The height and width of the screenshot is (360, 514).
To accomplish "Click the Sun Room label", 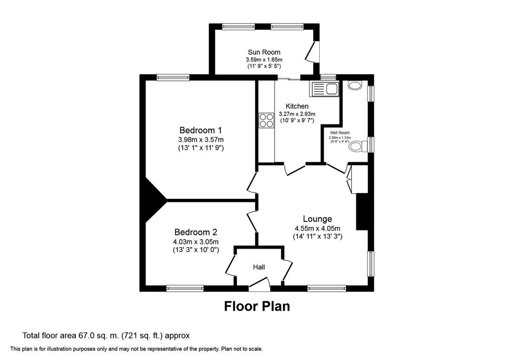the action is tap(264, 52).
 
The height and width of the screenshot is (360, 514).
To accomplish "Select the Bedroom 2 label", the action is tap(196, 232).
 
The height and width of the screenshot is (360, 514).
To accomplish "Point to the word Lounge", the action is tap(317, 219).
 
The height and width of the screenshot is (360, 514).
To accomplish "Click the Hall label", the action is tap(259, 267).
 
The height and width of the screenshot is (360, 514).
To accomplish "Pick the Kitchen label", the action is tap(297, 106).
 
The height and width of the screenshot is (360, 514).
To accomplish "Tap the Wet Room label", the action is tap(340, 133).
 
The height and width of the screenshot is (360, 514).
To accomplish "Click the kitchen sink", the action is tap(325, 89).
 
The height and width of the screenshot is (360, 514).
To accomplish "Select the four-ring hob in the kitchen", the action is tap(267, 120).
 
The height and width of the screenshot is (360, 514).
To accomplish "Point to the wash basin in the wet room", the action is tap(355, 85).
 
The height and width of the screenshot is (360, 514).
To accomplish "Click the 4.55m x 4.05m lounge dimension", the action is tap(317, 229).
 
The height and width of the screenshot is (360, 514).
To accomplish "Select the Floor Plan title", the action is tap(257, 306).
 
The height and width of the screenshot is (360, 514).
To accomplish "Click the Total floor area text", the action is tap(106, 336).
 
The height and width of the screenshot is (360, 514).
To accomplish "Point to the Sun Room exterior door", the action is tap(312, 52).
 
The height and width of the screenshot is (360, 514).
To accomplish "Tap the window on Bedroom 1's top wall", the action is tap(173, 77).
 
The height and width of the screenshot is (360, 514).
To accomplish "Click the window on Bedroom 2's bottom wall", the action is tap(185, 289).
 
